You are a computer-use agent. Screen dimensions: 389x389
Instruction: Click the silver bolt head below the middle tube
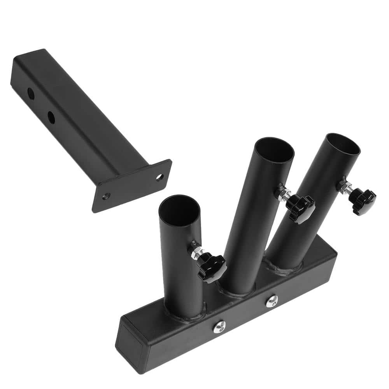click(272, 300)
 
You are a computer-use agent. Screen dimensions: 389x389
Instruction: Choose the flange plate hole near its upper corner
click(159, 177)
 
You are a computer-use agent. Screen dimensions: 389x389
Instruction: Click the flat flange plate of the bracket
click(134, 187)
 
